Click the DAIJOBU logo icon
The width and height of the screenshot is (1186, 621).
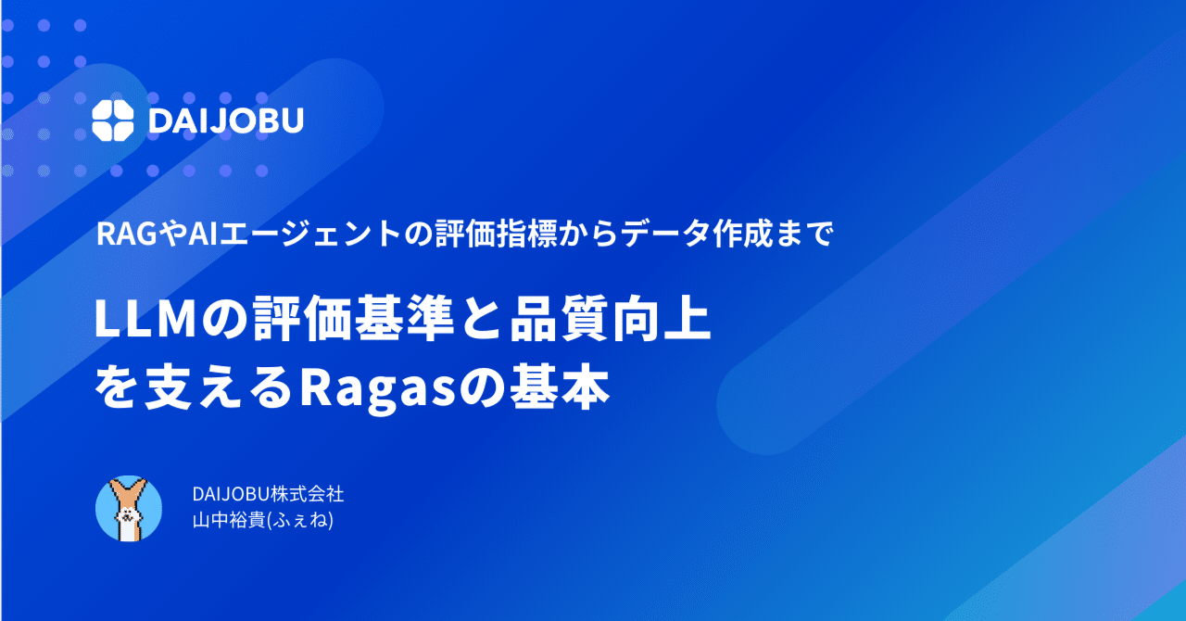click(x=115, y=119)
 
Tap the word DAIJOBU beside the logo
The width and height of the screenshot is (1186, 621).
click(x=226, y=120)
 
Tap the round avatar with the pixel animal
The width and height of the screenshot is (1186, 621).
click(x=129, y=509)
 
